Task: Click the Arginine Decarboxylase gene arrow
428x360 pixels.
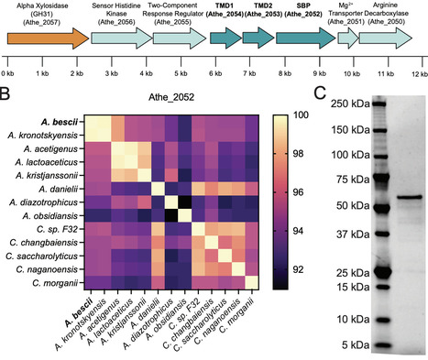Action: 388,38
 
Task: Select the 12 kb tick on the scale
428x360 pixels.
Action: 417,72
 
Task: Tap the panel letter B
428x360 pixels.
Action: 5,93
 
